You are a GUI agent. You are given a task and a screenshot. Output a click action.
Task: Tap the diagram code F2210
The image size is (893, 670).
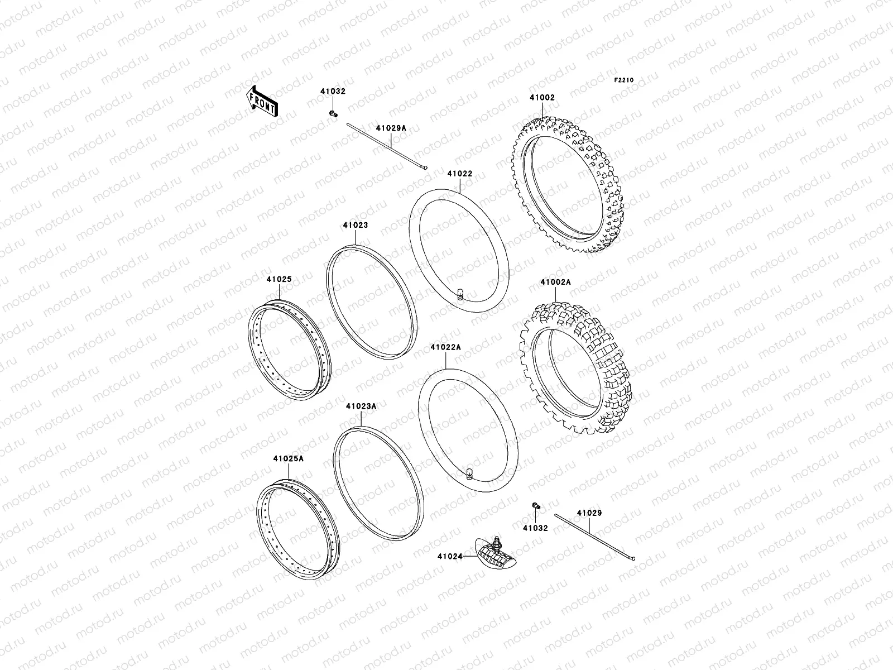[x=625, y=80]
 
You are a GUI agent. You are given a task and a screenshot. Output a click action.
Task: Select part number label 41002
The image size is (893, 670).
[x=542, y=98]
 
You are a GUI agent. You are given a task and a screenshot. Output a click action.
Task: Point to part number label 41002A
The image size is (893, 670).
[x=555, y=283]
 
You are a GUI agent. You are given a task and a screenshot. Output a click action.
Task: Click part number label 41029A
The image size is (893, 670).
[x=391, y=128]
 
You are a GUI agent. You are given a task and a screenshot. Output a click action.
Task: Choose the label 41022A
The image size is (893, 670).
[x=445, y=347]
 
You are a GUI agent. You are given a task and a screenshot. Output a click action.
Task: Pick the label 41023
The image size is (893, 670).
[x=355, y=226]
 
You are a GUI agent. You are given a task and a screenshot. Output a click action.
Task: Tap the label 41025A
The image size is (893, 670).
[x=288, y=459]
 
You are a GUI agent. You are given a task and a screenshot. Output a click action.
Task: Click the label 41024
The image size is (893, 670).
[x=449, y=556]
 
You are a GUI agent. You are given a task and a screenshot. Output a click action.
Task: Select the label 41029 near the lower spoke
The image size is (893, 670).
[x=589, y=513]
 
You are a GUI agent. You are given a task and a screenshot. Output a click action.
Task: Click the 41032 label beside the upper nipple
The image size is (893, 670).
[x=333, y=91]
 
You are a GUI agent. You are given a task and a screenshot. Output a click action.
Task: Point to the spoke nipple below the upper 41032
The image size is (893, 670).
[x=334, y=114]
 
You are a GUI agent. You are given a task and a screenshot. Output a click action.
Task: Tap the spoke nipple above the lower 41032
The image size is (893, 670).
[x=536, y=505]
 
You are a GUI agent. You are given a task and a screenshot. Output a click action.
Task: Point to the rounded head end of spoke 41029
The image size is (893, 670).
[x=632, y=557]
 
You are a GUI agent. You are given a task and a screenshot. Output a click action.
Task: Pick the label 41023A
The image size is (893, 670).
[x=361, y=406]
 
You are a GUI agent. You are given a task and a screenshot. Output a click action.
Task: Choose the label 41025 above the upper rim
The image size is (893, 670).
[x=279, y=279]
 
